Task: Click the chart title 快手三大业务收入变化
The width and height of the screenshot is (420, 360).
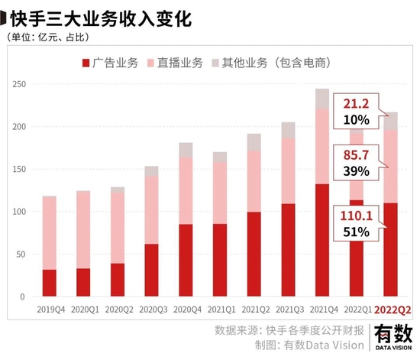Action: click(x=101, y=19)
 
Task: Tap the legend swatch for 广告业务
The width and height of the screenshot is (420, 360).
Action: click(x=86, y=63)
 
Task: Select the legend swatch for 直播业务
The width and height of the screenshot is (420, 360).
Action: click(x=150, y=63)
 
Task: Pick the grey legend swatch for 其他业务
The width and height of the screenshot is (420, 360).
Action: click(x=215, y=63)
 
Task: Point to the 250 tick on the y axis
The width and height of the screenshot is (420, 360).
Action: click(x=19, y=84)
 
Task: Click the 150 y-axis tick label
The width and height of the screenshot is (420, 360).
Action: click(x=19, y=169)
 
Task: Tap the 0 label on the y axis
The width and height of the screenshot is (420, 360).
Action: click(x=22, y=297)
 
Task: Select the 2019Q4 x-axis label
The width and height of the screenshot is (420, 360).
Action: click(x=51, y=310)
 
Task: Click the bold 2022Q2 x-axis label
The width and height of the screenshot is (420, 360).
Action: click(x=393, y=310)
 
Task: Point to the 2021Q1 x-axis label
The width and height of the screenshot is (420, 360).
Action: click(x=221, y=310)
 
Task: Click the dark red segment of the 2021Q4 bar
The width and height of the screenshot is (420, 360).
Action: click(x=322, y=240)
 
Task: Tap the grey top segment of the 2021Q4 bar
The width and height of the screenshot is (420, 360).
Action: click(x=322, y=99)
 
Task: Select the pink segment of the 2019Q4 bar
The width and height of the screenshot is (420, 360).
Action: click(x=50, y=233)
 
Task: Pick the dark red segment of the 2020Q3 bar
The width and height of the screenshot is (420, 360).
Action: click(x=152, y=271)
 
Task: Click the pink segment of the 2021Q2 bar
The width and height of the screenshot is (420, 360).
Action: click(x=254, y=182)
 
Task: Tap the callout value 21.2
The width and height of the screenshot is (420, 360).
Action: click(x=357, y=104)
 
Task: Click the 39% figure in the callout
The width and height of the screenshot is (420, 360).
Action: click(x=357, y=171)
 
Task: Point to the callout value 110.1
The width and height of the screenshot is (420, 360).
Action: click(x=357, y=216)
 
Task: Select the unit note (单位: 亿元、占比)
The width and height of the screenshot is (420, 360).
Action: click(x=48, y=37)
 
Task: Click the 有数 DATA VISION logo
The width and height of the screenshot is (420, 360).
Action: click(x=393, y=337)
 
